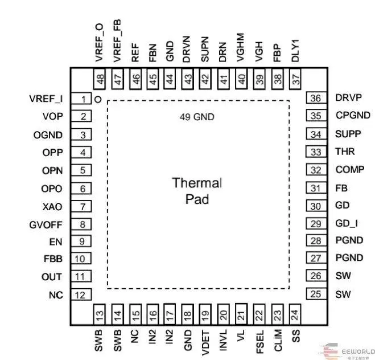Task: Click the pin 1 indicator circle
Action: pyautogui.click(x=98, y=100)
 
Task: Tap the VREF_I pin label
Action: pyautogui.click(x=46, y=99)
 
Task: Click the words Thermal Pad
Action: pyautogui.click(x=197, y=191)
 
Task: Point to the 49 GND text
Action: pyautogui.click(x=197, y=117)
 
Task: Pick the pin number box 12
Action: pyautogui.click(x=82, y=295)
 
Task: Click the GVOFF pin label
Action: pyautogui.click(x=45, y=224)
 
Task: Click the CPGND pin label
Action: pyautogui.click(x=353, y=116)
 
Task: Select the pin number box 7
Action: pyautogui.click(x=83, y=207)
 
